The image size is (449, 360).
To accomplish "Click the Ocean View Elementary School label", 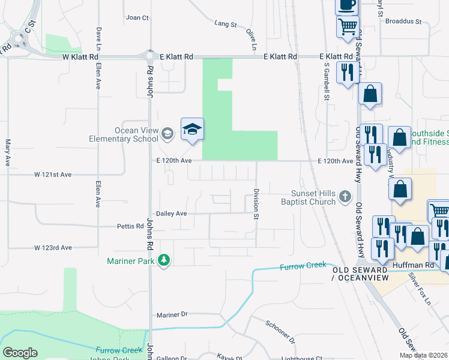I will pos(137,134).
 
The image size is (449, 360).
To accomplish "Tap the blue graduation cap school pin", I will pos(192,130).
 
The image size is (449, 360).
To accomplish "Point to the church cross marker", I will pos(345,196).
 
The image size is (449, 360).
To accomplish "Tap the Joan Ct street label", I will pos(137,18).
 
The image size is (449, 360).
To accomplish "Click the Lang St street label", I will pos(226,24).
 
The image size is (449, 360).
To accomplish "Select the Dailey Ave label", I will pos(172,214).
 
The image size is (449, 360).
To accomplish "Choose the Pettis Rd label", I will pos(130,226).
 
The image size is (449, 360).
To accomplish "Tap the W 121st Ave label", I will pos(53,175).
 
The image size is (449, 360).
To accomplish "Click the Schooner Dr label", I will pos(280,331).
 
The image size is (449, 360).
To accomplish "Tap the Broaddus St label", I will pos(403,21).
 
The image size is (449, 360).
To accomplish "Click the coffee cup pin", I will pos(346,5).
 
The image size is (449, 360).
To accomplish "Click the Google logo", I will pos(20,353).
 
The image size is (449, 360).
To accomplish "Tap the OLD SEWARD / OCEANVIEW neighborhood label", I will pos(360,274).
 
